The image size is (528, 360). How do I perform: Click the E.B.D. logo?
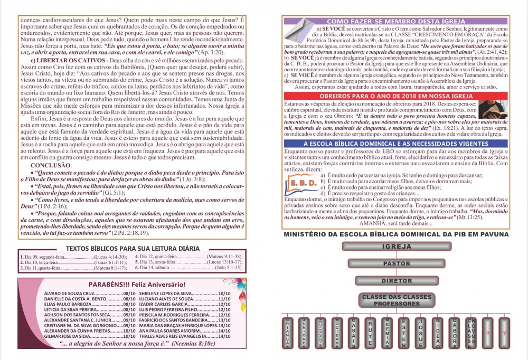(304, 182)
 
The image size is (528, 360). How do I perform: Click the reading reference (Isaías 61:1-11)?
(110, 262)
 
